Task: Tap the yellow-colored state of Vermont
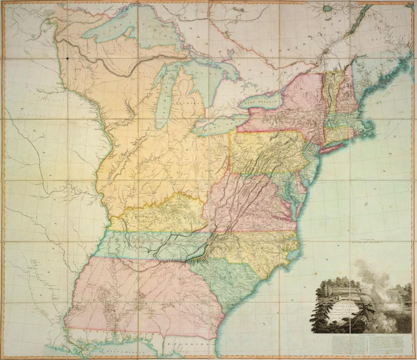[329, 91]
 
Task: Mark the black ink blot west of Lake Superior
[67, 57]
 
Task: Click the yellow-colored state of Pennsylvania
[266, 152]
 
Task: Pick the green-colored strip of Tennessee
[148, 244]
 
